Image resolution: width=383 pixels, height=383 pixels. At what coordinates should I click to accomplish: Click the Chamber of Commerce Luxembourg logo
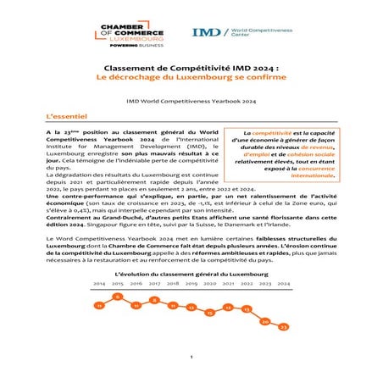(x=134, y=36)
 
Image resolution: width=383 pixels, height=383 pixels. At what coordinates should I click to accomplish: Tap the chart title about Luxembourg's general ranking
(x=191, y=275)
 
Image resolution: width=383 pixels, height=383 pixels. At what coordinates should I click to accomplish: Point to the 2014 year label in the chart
(x=99, y=284)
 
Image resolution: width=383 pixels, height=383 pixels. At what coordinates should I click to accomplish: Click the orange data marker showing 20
(x=265, y=321)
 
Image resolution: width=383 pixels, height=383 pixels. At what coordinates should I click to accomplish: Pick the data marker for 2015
(x=117, y=297)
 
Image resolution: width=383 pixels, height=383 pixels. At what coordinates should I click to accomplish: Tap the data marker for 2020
(x=209, y=313)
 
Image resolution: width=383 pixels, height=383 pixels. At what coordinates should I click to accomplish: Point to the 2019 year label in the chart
(x=191, y=284)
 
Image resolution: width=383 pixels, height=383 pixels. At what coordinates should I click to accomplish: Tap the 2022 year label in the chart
(x=247, y=284)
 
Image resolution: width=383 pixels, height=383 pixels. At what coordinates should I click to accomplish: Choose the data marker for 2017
(x=154, y=299)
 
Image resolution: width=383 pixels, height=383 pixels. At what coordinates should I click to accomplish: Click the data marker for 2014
(x=99, y=304)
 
